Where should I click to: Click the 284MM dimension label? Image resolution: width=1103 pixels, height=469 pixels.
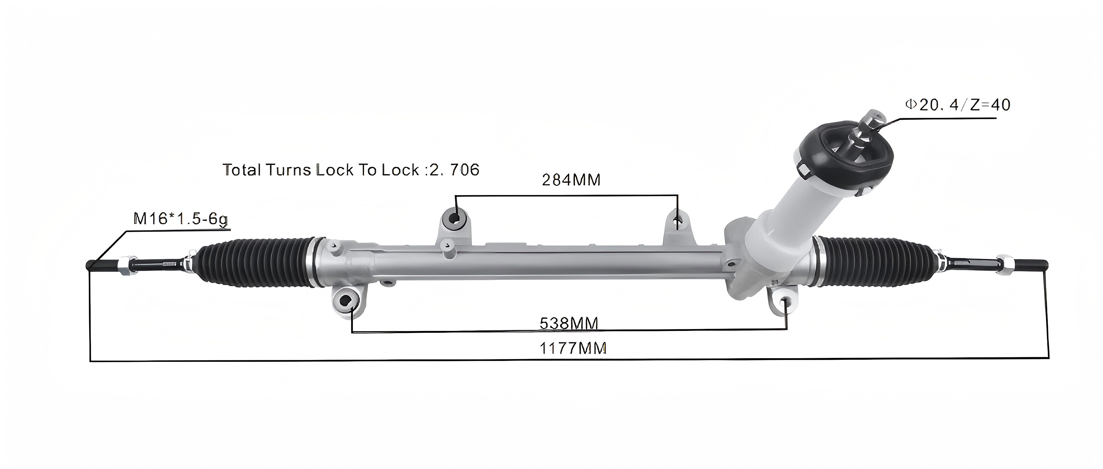click(571, 180)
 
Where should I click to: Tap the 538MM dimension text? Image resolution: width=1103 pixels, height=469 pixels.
click(569, 323)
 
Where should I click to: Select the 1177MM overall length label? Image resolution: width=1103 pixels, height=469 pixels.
click(572, 348)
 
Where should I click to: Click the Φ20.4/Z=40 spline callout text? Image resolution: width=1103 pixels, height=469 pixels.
click(957, 105)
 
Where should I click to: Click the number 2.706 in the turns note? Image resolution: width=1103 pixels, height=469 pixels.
click(454, 170)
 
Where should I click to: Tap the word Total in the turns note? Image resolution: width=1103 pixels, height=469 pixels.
click(242, 170)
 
